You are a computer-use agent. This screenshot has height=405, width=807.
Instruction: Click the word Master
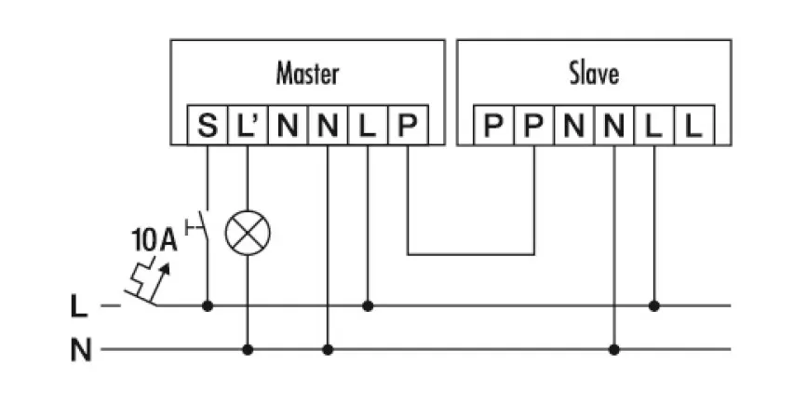307,73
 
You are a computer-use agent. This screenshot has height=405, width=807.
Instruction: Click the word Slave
593,73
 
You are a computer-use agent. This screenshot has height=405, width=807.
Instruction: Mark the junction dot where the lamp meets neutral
247,350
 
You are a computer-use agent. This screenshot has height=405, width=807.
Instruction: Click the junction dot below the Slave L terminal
653,304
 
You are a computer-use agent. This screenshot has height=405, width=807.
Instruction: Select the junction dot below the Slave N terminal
613,350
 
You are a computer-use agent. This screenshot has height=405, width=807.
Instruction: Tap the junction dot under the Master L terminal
368,304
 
